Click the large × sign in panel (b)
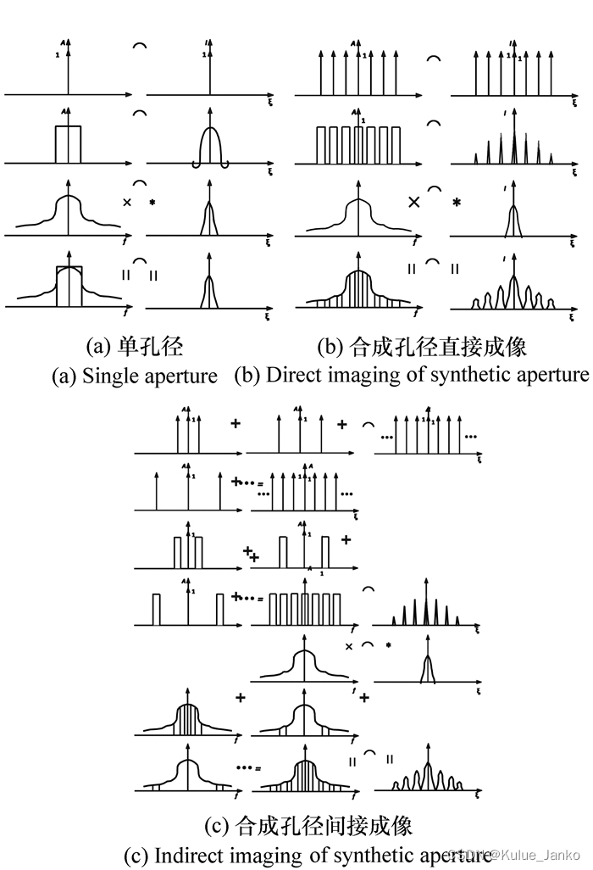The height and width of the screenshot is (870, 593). click(415, 202)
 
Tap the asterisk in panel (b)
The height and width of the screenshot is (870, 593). click(457, 204)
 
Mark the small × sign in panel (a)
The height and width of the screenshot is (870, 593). click(126, 203)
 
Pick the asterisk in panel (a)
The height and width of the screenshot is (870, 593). click(152, 203)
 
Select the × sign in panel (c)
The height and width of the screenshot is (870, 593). click(348, 646)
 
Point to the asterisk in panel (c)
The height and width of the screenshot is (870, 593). click(388, 646)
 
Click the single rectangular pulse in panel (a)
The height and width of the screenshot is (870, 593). click(68, 143)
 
